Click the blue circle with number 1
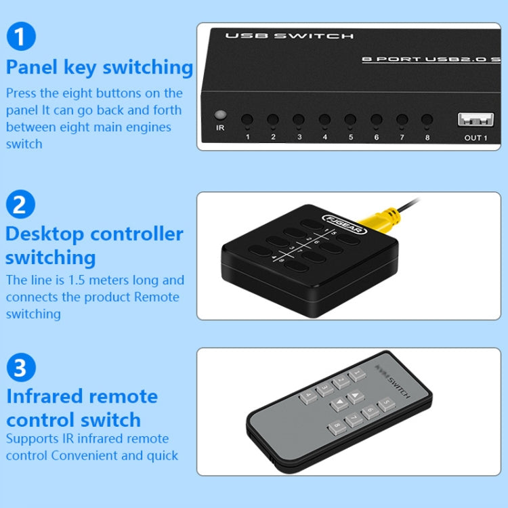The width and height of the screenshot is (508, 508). click(x=20, y=36)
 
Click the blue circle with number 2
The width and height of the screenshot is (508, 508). click(x=20, y=203)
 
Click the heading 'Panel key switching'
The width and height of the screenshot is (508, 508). click(x=100, y=67)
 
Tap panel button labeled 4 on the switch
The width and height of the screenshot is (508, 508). click(x=324, y=121)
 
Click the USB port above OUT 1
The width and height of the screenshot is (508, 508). click(x=475, y=121)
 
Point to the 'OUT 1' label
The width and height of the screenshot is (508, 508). click(x=475, y=138)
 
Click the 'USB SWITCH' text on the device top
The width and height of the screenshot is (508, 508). click(x=289, y=36)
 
